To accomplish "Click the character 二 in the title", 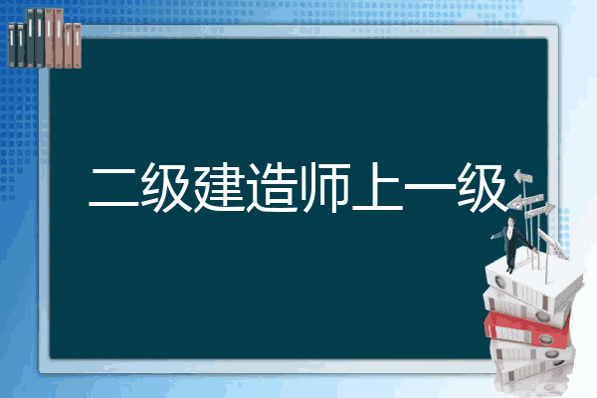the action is coord(114,187).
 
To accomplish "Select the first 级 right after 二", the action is coord(166,187).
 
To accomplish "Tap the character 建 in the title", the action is coord(219,187).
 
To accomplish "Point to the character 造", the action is coord(272,187).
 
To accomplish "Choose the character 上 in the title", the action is coord(377,187).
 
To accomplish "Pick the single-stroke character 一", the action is coord(430,187).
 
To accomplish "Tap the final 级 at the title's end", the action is coord(483,187).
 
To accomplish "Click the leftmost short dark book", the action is coord(12,46).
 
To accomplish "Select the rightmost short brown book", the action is coord(77,46).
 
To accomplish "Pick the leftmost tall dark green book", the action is coord(31,38).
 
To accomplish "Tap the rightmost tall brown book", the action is coord(59,38).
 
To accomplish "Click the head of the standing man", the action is coord(511,222).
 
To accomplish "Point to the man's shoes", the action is coord(509,270).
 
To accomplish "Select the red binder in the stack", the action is coord(526,329).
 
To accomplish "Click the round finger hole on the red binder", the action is coord(545,338).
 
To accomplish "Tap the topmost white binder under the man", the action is coord(533,284).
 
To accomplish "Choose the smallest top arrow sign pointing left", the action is coord(522,176).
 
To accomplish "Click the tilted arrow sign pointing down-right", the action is coord(552,244).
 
